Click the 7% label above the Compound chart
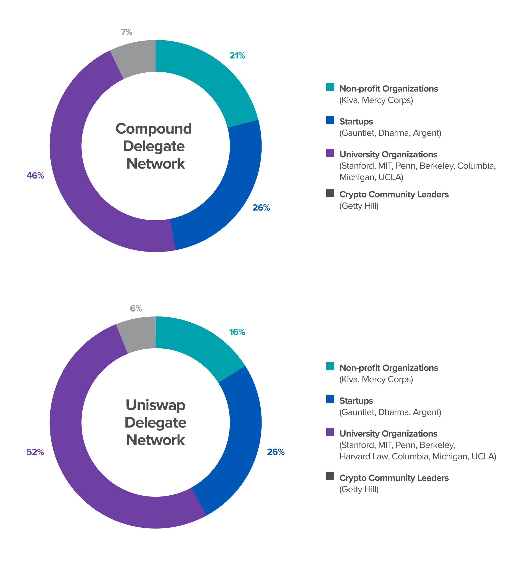pyautogui.click(x=127, y=32)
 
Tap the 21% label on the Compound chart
pyautogui.click(x=237, y=56)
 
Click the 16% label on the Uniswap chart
pyautogui.click(x=237, y=332)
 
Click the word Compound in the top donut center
pyautogui.click(x=154, y=129)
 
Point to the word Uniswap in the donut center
pyautogui.click(x=156, y=405)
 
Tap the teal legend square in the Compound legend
pyautogui.click(x=330, y=87)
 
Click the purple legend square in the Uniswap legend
pyautogui.click(x=330, y=432)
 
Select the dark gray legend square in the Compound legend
pyautogui.click(x=330, y=193)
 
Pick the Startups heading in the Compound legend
pyautogui.click(x=356, y=121)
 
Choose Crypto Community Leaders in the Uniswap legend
pyautogui.click(x=394, y=478)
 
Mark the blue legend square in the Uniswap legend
pyautogui.click(x=330, y=399)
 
